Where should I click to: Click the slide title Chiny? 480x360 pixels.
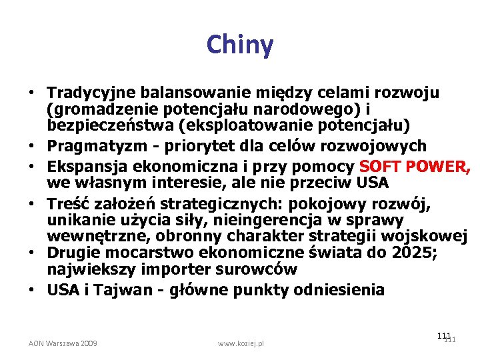(240, 45)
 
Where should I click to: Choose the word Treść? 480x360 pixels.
(65, 203)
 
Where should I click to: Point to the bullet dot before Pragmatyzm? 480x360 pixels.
(32, 146)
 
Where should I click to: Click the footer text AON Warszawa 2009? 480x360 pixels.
(63, 343)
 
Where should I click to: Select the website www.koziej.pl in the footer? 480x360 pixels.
(241, 343)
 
